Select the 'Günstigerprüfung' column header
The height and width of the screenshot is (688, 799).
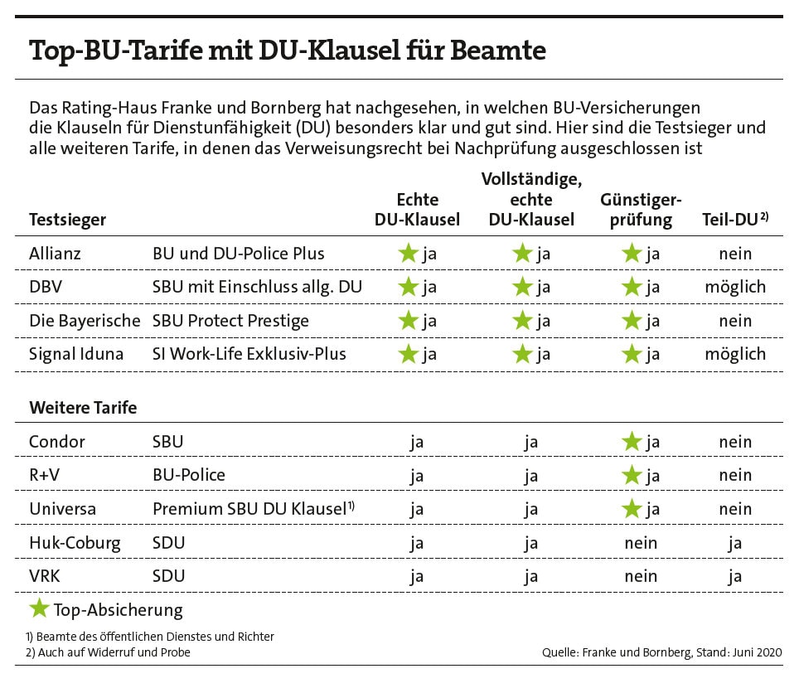tap(640, 210)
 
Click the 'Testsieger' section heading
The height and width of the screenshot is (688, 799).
tap(67, 220)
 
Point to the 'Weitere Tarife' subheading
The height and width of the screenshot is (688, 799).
tap(83, 408)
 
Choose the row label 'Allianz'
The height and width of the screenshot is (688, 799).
tap(55, 254)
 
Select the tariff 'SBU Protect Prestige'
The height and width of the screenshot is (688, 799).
tap(230, 321)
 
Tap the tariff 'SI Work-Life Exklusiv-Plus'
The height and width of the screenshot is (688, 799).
tap(249, 354)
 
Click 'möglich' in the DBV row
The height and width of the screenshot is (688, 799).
tap(735, 288)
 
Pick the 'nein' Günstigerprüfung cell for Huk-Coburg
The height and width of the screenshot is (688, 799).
tap(640, 543)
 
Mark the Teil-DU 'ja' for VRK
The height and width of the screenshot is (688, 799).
tap(735, 576)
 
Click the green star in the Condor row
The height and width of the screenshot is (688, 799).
tap(632, 442)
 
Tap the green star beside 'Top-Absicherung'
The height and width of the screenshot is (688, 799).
tap(39, 610)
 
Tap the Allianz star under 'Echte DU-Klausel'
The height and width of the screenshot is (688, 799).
tap(408, 254)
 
